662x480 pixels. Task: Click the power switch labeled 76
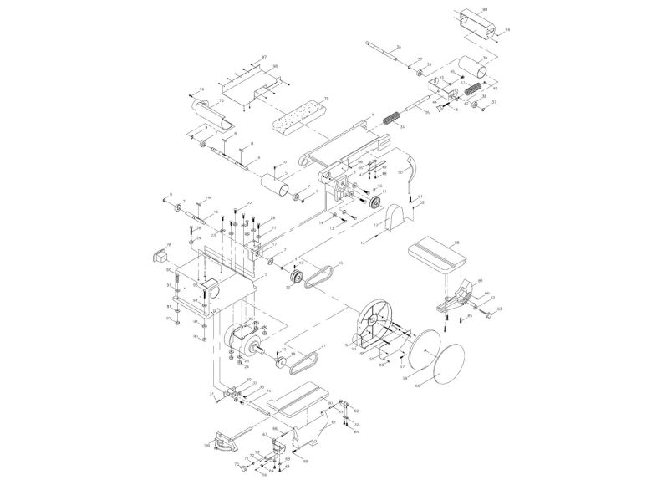tap(158, 253)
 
